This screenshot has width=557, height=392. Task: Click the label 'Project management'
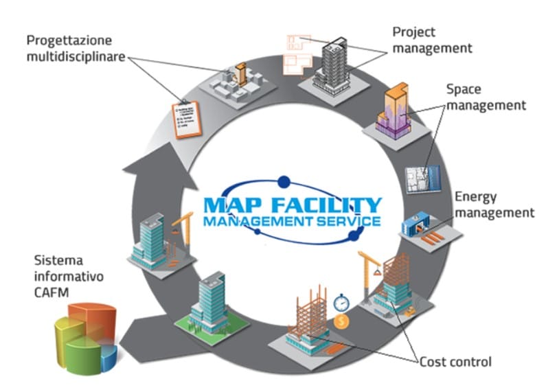[431, 41]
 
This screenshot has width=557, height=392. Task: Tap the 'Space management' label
[484, 97]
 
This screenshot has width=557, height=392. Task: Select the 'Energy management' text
[494, 205]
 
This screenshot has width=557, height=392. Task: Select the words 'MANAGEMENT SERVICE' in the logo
[291, 221]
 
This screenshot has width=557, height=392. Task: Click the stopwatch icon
[342, 301]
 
